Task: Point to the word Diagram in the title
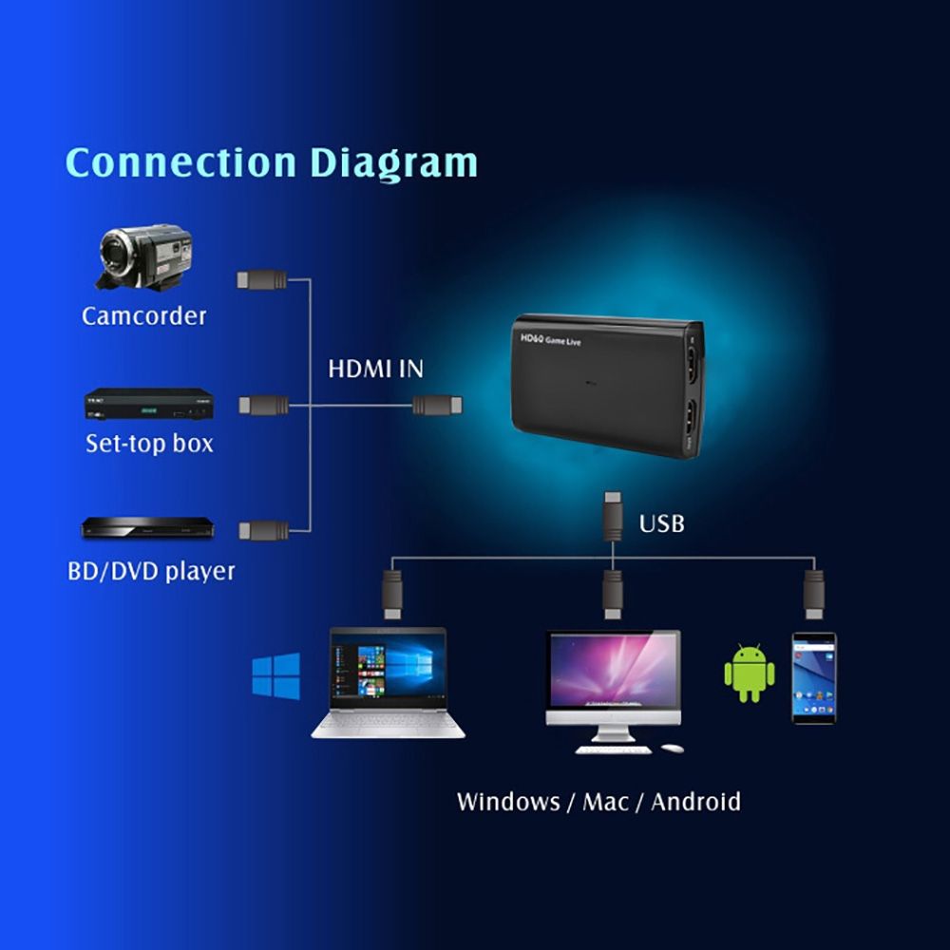398,163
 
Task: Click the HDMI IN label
375,370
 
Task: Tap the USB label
661,523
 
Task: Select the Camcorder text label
143,315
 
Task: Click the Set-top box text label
149,443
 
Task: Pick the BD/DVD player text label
151,571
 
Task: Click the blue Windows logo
275,676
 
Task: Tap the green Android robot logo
749,674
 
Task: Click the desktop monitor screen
613,670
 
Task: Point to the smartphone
814,677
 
